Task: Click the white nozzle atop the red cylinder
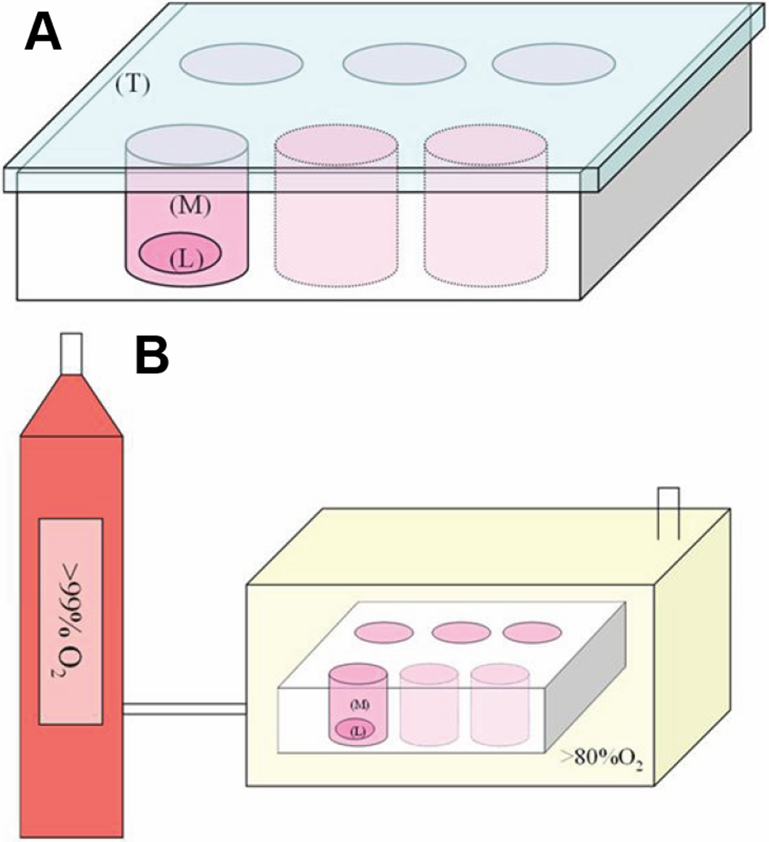pos(71,353)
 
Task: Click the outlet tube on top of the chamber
pos(667,512)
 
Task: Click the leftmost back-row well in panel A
pos(240,63)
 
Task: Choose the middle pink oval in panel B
pos(461,632)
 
